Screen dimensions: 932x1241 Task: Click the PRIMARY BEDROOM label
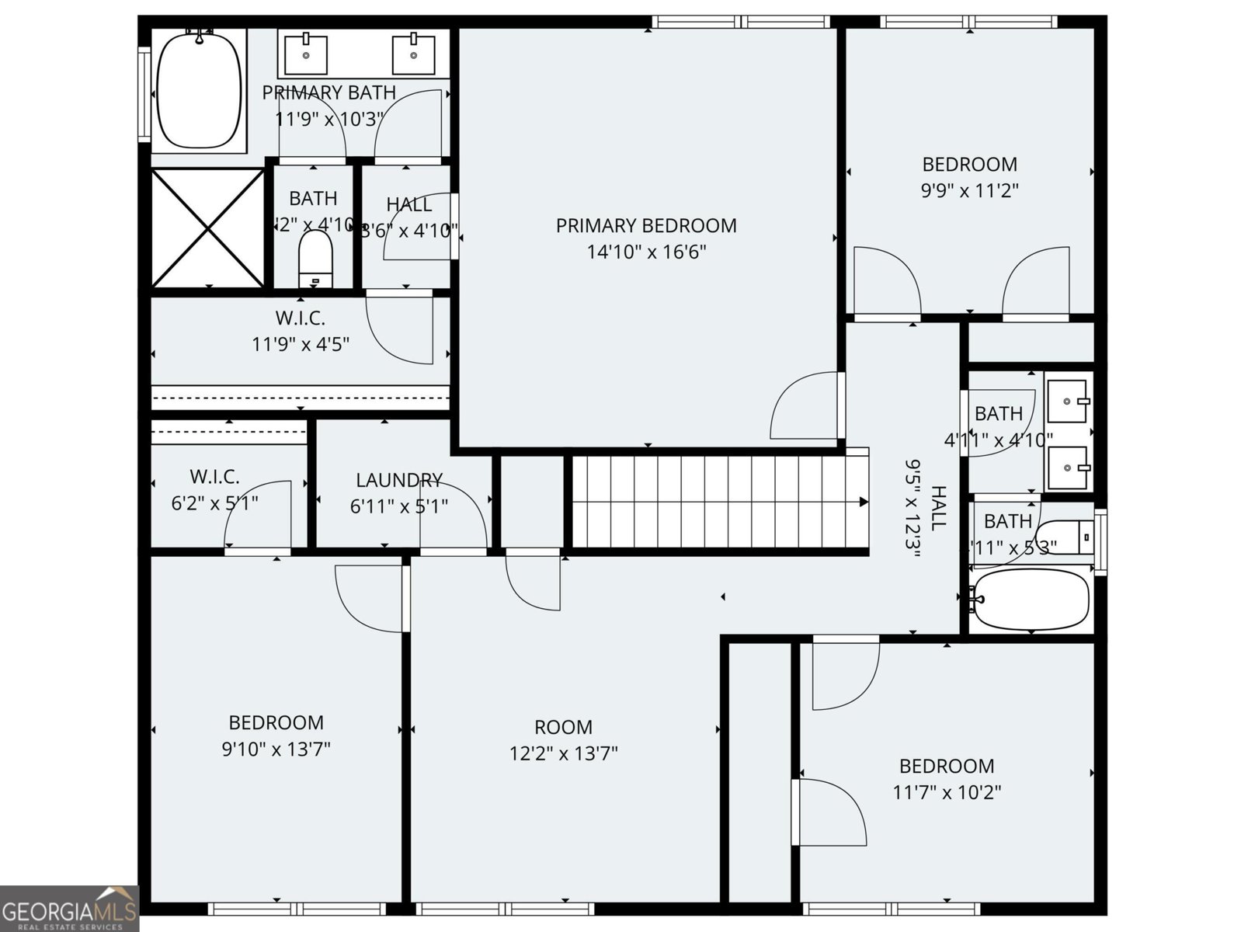click(x=645, y=226)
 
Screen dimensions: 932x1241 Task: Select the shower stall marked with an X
click(x=208, y=228)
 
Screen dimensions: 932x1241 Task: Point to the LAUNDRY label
click(x=399, y=480)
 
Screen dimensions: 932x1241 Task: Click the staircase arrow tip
click(x=864, y=502)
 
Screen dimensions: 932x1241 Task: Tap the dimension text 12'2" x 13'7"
click(x=563, y=753)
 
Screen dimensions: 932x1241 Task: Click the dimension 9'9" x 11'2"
click(x=969, y=190)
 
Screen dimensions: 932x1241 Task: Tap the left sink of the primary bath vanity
click(x=306, y=54)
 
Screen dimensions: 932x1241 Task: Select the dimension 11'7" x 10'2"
click(x=946, y=792)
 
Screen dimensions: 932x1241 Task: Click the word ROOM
click(x=563, y=728)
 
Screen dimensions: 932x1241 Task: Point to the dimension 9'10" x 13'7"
click(x=276, y=749)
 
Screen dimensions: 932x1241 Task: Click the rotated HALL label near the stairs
click(x=938, y=507)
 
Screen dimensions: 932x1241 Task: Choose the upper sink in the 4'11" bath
click(x=1069, y=400)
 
